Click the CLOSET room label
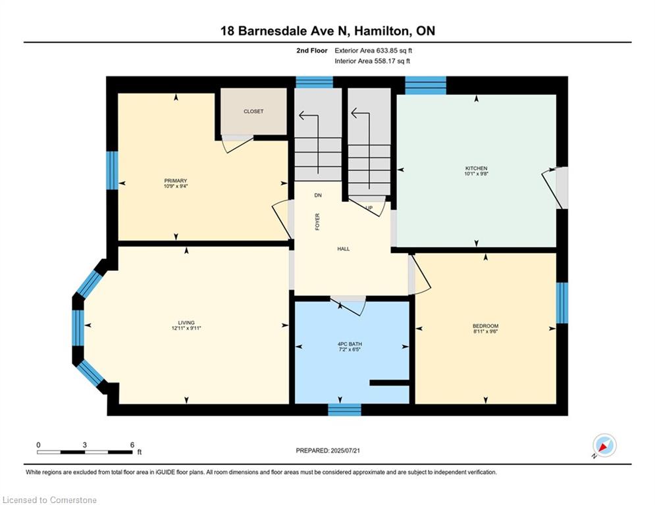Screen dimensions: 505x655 [x=253, y=112]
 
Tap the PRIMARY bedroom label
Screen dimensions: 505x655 [x=176, y=181]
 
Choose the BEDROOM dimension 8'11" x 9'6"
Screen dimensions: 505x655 [x=485, y=332]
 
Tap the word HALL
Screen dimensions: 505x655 [x=344, y=249]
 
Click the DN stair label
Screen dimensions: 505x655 [x=318, y=195]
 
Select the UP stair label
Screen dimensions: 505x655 [x=369, y=208]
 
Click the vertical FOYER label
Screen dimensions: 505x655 [x=317, y=221]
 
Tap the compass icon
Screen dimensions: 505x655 [x=604, y=446]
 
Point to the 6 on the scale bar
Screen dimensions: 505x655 [x=132, y=445]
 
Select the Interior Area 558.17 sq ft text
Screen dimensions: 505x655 [x=373, y=61]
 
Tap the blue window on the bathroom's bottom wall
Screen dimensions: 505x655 [x=344, y=410]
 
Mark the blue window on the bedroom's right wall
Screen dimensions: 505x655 [x=562, y=303]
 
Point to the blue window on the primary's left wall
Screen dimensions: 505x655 [x=113, y=170]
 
